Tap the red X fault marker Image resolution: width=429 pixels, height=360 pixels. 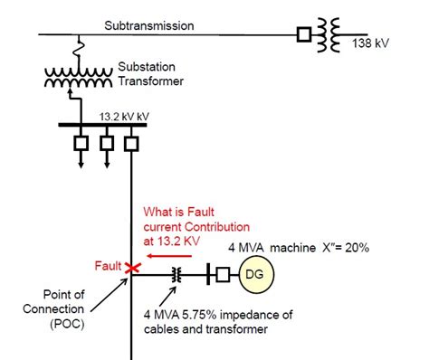point(133,269)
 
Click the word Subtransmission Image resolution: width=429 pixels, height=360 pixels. point(148,25)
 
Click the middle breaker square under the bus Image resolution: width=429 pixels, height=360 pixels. point(106,144)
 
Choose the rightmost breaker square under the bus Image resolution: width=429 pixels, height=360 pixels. point(133,144)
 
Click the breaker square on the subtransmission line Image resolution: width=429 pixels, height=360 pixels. point(305,36)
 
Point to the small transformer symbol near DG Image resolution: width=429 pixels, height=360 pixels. point(177,274)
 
